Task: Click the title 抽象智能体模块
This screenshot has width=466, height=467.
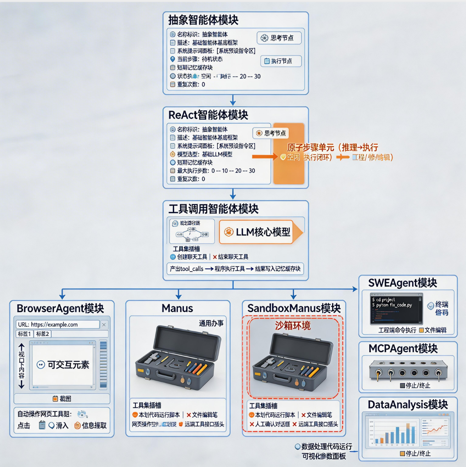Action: pyautogui.click(x=203, y=20)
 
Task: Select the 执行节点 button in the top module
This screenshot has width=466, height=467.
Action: pyautogui.click(x=281, y=61)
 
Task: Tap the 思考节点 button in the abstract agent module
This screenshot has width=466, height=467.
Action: pyautogui.click(x=279, y=38)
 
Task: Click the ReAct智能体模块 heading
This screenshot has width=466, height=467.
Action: pyautogui.click(x=208, y=115)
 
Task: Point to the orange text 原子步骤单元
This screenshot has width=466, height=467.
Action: pyautogui.click(x=311, y=147)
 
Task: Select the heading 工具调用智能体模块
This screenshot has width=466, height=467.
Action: pyautogui.click(x=213, y=209)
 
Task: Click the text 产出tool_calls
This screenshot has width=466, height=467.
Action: pyautogui.click(x=187, y=269)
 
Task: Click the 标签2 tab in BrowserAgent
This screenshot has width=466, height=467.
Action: pyautogui.click(x=43, y=334)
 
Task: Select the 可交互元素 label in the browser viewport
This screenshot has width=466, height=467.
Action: pyautogui.click(x=63, y=365)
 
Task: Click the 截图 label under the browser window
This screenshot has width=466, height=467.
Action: pyautogui.click(x=62, y=399)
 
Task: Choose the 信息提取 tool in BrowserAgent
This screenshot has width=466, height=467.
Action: pyautogui.click(x=91, y=426)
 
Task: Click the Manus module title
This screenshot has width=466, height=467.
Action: pyautogui.click(x=177, y=309)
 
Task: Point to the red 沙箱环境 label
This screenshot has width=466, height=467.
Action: pyautogui.click(x=293, y=326)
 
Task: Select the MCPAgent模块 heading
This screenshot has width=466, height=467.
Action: pyautogui.click(x=403, y=349)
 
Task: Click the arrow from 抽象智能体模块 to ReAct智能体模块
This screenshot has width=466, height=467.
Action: pyautogui.click(x=233, y=101)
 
